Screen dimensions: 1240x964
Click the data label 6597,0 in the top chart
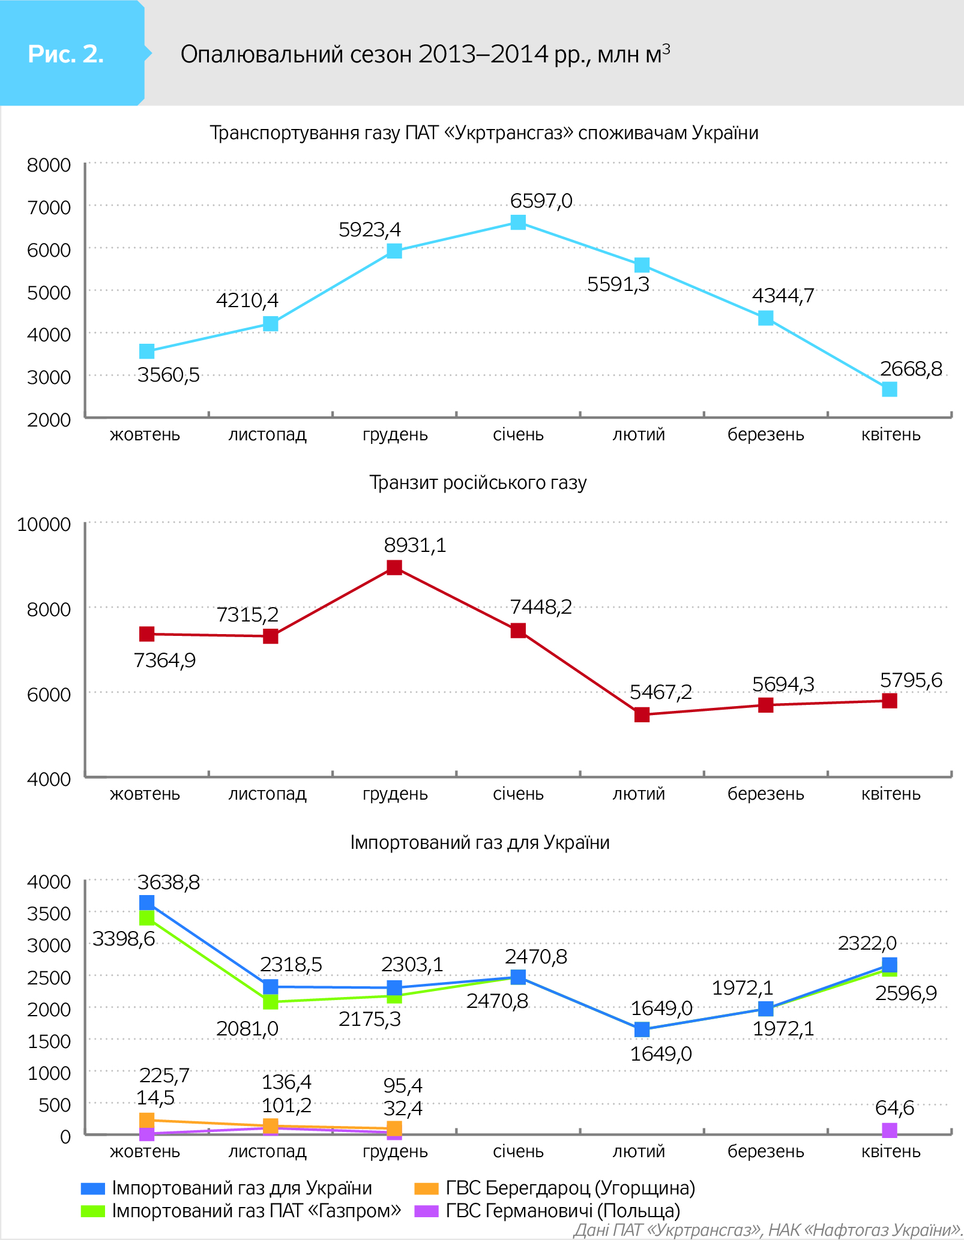(541, 200)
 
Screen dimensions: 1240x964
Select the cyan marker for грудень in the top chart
(394, 251)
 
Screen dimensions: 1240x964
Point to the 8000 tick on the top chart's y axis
(49, 165)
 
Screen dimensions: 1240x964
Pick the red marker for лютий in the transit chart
(642, 714)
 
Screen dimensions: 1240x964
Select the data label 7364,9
(164, 660)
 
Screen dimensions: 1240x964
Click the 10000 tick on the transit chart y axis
(44, 524)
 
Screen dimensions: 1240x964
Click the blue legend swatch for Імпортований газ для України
(93, 1188)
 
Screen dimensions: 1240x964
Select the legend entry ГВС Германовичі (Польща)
(562, 1211)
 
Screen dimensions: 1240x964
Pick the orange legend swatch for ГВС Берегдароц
(426, 1188)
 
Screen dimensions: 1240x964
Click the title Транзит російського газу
(478, 483)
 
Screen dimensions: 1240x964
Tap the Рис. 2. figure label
(66, 54)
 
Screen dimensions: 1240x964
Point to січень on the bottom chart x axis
(518, 1151)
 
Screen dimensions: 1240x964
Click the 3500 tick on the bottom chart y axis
(49, 914)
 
